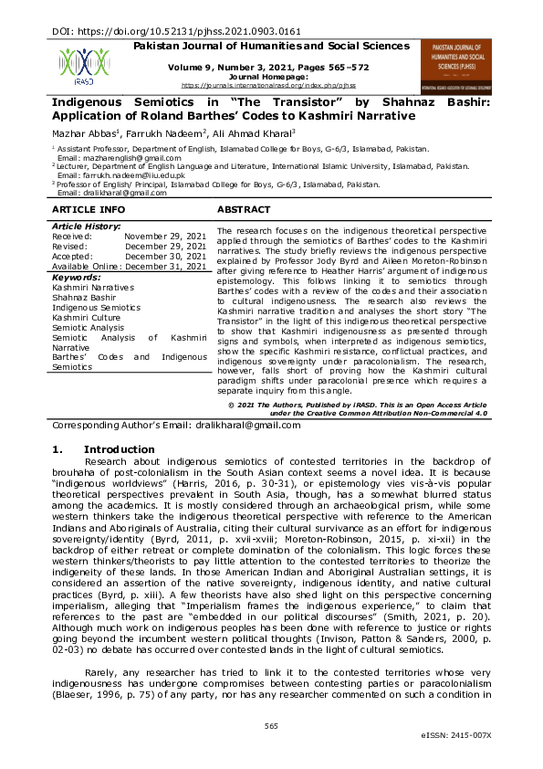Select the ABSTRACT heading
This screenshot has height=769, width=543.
(243, 210)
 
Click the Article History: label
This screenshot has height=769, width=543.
(86, 226)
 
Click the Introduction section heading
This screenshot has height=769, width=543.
(119, 449)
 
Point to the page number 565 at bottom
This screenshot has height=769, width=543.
(271, 726)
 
